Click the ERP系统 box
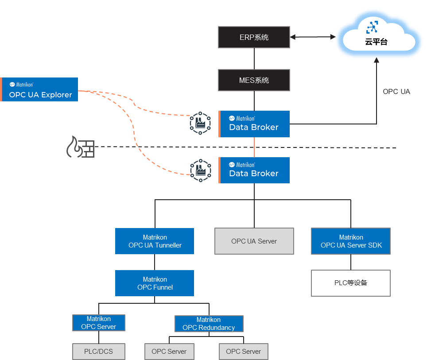pyautogui.click(x=254, y=37)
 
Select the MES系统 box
pyautogui.click(x=254, y=80)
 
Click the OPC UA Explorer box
pyautogui.click(x=39, y=90)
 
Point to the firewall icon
pyautogui.click(x=80, y=147)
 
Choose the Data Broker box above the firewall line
pyautogui.click(x=254, y=124)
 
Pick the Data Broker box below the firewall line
pyautogui.click(x=254, y=170)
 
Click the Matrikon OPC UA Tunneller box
pyautogui.click(x=155, y=241)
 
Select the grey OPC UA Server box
pyautogui.click(x=254, y=241)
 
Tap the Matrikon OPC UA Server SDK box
pyautogui.click(x=351, y=241)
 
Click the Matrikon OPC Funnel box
pyautogui.click(x=155, y=283)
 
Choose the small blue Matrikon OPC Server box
pyautogui.click(x=99, y=323)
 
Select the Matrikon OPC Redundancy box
pyautogui.click(x=209, y=324)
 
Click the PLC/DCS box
pyautogui.click(x=99, y=352)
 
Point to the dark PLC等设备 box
pyautogui.click(x=351, y=283)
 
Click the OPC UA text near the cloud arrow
pyautogui.click(x=396, y=92)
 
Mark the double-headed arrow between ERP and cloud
pyautogui.click(x=312, y=38)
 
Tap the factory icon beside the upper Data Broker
pyautogui.click(x=200, y=124)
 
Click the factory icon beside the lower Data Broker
pyautogui.click(x=200, y=170)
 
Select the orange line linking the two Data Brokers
pyautogui.click(x=254, y=147)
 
